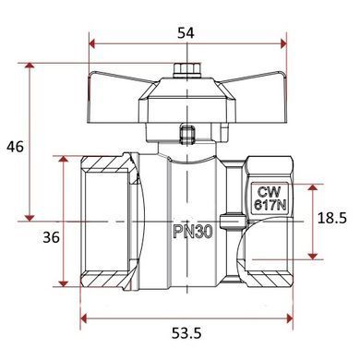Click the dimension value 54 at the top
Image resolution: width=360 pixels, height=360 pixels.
click(186, 33)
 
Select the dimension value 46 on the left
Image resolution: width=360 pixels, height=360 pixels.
click(15, 147)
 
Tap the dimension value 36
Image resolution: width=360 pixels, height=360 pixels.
click(51, 237)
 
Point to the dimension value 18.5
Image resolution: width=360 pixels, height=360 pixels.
click(332, 218)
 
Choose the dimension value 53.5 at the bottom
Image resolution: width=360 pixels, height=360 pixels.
click(186, 333)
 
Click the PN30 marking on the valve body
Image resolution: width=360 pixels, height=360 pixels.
click(193, 232)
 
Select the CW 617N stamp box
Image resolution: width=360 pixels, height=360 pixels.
click(270, 198)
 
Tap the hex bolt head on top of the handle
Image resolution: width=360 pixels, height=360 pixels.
click(186, 69)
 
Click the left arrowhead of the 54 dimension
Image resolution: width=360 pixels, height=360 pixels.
click(92, 43)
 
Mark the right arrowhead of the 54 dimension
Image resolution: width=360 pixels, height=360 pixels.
click(283, 43)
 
